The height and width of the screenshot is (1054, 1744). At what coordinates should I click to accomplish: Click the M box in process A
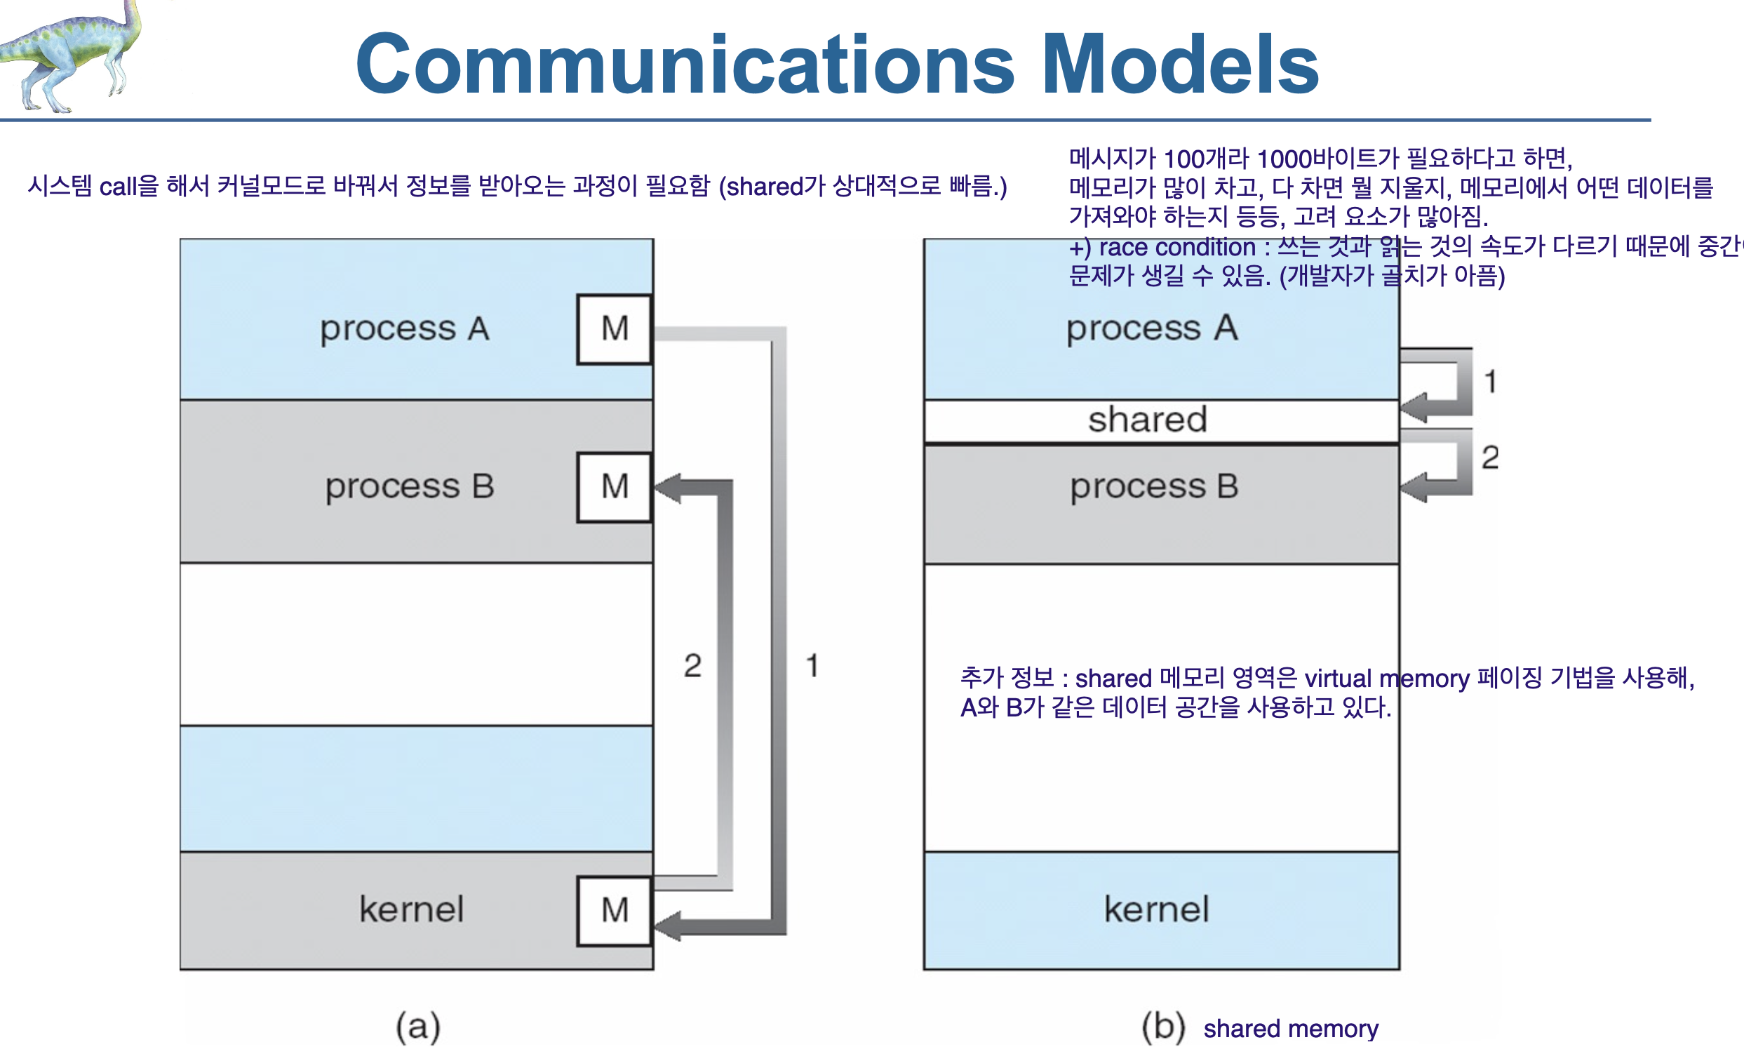click(615, 329)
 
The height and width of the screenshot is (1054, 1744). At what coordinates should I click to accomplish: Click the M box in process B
click(615, 487)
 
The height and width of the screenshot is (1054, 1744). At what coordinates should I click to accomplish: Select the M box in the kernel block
click(615, 911)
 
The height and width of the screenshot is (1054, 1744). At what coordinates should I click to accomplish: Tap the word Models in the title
click(1180, 65)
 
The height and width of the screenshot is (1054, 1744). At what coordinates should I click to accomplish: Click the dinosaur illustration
click(71, 53)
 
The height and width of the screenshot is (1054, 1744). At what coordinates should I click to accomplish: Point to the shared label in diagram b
click(1147, 420)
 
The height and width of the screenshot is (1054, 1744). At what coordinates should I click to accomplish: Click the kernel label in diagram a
click(411, 909)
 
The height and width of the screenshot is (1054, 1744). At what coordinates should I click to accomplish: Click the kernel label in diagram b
click(1157, 909)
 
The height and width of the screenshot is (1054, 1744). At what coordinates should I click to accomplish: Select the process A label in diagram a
click(404, 329)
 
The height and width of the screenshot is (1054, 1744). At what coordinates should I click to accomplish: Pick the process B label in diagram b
click(1154, 487)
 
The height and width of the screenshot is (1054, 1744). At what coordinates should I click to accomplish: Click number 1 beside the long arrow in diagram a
click(812, 666)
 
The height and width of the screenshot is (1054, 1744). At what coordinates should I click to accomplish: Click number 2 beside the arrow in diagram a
click(692, 666)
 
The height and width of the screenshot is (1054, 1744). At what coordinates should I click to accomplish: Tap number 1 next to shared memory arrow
click(1490, 382)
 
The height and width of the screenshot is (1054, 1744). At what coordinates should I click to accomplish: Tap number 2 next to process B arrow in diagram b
click(1490, 458)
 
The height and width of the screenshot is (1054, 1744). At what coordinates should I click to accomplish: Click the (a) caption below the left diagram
click(417, 1027)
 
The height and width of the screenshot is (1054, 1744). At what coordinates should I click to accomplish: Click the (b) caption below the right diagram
click(1163, 1027)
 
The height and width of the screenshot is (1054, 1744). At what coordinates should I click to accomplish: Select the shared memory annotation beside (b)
click(1290, 1029)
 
